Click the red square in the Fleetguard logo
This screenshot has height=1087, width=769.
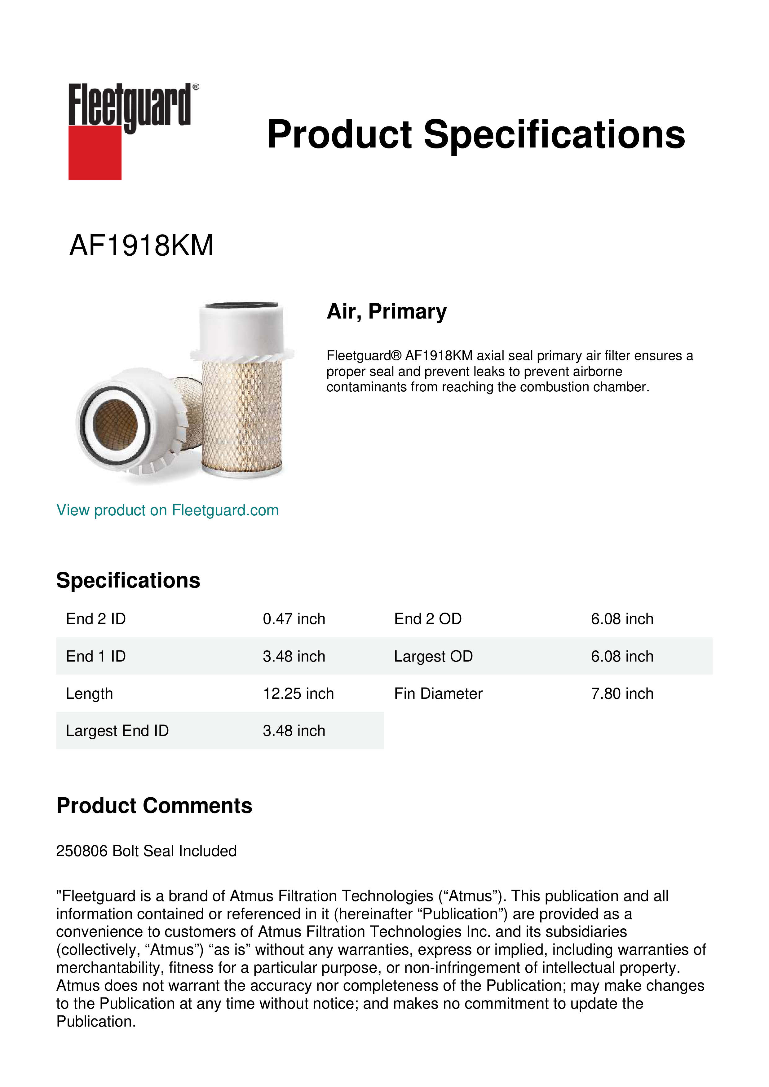95,152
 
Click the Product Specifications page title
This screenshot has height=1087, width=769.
475,134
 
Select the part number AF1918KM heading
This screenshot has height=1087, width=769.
141,246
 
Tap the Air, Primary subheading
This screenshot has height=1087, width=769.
387,311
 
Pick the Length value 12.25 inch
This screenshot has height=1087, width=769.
298,693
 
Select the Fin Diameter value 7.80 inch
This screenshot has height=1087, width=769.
622,693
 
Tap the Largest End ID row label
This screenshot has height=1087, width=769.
117,731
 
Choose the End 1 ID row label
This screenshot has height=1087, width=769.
96,656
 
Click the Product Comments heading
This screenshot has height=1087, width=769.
154,805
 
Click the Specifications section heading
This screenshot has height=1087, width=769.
128,580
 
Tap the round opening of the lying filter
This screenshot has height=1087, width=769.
115,424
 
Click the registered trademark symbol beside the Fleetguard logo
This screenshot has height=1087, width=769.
196,87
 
